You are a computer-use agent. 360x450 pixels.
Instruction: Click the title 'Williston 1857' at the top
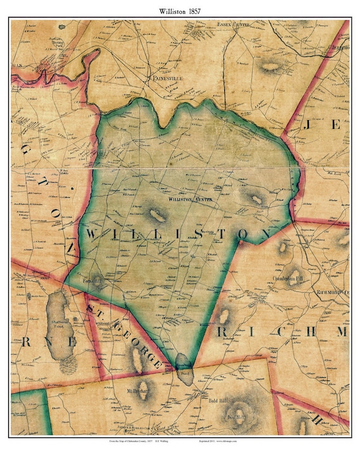pyautogui.click(x=180, y=9)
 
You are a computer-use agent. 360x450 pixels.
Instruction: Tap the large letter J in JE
pyautogui.click(x=309, y=125)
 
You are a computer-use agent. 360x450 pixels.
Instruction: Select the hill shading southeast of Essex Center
pyautogui.click(x=269, y=66)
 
